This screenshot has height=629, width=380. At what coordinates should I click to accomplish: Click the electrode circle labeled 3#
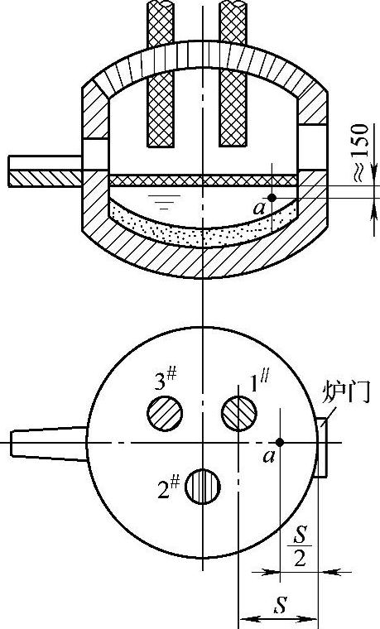pos(165,413)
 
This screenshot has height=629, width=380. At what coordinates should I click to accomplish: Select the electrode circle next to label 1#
pos(239,413)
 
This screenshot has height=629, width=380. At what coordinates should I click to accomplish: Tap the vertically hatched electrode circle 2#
pos(203,486)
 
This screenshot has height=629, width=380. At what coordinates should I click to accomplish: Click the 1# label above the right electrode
pos(260,381)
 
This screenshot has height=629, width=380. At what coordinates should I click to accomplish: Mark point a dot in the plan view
pos(280,442)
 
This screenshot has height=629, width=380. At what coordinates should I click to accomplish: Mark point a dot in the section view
pos(272,198)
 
